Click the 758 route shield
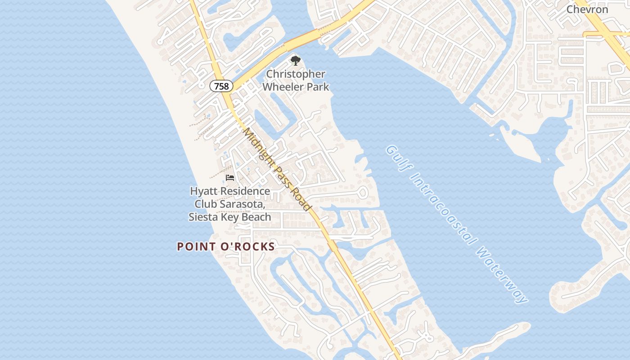point(221,86)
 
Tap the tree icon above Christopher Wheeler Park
point(295,61)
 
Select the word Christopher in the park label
point(296,74)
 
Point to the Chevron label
point(587,9)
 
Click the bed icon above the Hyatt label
point(230,178)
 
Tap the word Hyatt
point(204,191)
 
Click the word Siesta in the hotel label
point(202,217)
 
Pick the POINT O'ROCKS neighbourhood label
point(226,247)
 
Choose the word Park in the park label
point(317,86)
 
